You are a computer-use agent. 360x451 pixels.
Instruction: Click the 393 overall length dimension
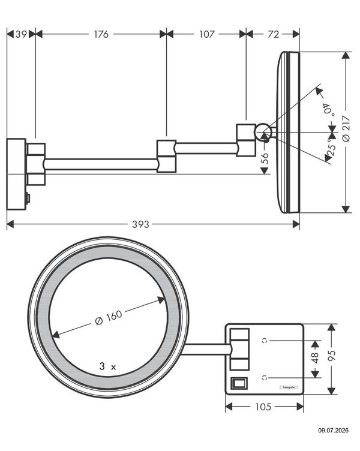[141, 224]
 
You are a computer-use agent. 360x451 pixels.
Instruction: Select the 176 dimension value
[101, 34]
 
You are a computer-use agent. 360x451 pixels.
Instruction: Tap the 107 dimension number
[206, 34]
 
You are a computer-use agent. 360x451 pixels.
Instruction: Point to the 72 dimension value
[273, 34]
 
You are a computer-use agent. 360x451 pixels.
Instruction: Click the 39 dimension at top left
[21, 34]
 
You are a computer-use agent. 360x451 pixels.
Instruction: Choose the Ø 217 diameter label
[346, 128]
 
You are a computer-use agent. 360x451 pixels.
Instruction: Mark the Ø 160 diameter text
[109, 317]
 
